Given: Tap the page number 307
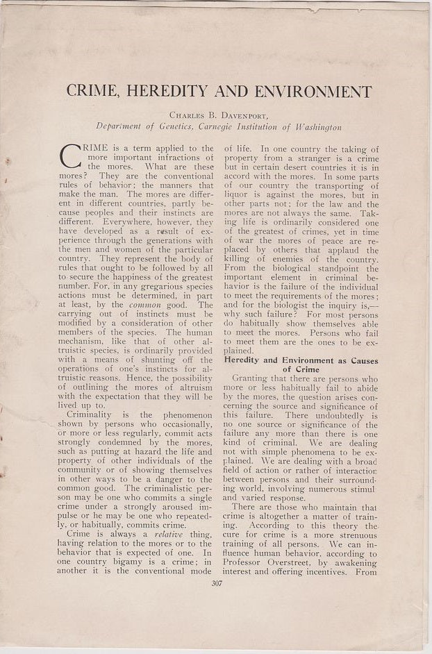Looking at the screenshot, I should (216, 583).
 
